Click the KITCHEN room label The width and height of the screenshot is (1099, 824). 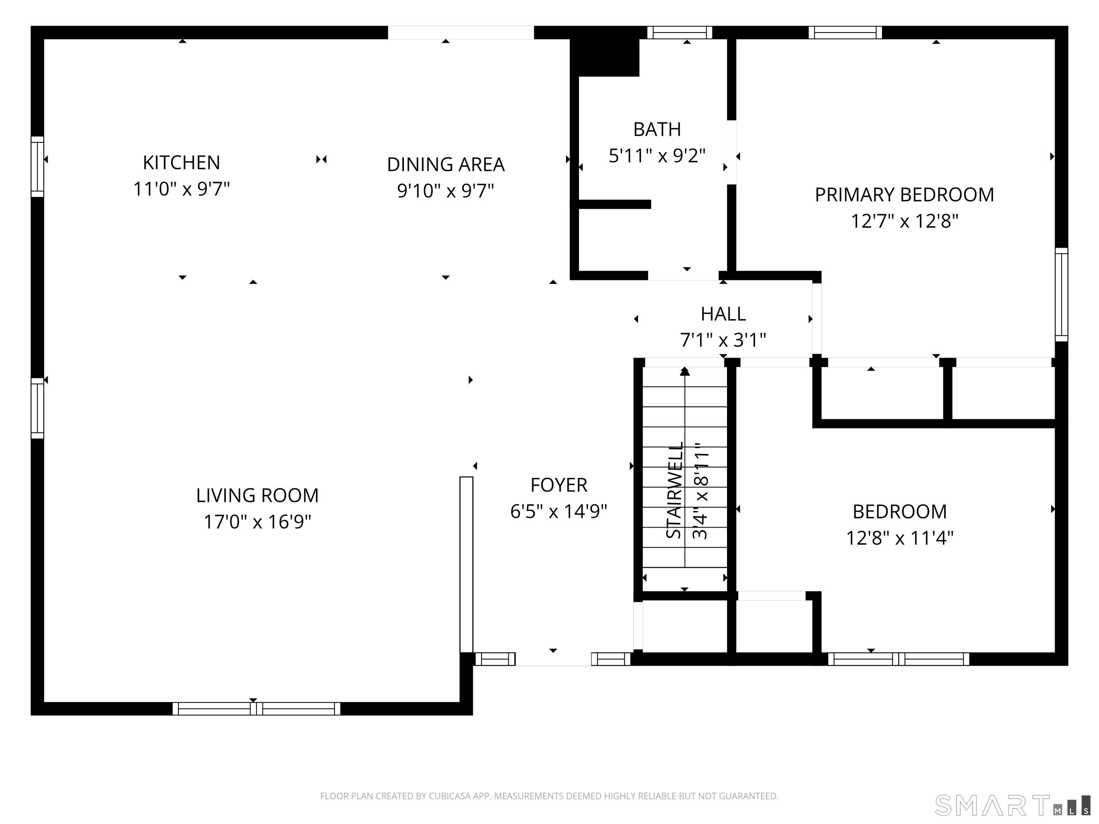181,162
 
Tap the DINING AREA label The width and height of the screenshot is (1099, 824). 446,165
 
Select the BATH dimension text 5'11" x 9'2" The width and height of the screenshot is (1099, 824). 657,156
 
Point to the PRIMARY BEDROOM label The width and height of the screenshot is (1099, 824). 904,195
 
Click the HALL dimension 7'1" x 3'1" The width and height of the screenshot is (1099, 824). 723,340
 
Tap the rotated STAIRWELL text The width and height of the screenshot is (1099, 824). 674,490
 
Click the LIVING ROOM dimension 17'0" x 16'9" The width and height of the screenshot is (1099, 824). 257,522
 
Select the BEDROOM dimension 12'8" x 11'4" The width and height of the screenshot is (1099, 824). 900,538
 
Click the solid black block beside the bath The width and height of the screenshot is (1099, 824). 605,57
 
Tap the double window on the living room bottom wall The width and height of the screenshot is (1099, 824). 257,709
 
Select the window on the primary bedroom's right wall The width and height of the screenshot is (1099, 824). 1061,295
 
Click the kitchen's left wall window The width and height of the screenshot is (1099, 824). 37,166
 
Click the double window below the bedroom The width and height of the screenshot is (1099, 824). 898,659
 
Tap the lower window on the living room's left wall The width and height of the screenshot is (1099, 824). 37,408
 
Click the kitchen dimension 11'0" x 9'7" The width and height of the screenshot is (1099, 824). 181,189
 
